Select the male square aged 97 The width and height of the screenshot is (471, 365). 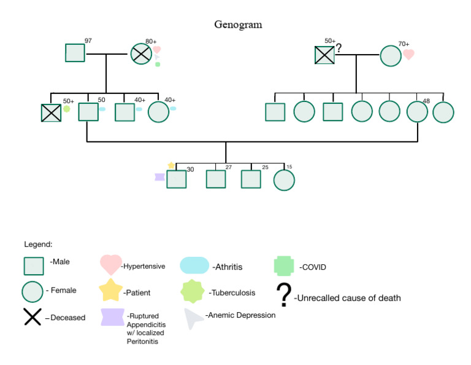pyautogui.click(x=75, y=52)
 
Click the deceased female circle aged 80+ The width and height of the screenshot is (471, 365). pyautogui.click(x=141, y=54)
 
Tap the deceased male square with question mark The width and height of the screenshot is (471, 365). pyautogui.click(x=324, y=56)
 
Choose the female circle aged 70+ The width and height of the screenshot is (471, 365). pyautogui.click(x=391, y=56)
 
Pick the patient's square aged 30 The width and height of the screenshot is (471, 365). pyautogui.click(x=177, y=179)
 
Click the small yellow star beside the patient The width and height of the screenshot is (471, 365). pyautogui.click(x=171, y=165)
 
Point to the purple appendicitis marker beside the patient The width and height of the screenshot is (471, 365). pyautogui.click(x=159, y=177)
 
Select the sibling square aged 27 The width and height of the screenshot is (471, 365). pyautogui.click(x=215, y=179)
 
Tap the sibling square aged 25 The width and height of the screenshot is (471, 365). pyautogui.click(x=251, y=179)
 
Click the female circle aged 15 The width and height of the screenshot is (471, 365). pyautogui.click(x=284, y=179)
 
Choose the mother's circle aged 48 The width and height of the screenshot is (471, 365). pyautogui.click(x=417, y=112)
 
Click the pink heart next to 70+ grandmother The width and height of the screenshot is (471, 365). pyautogui.click(x=408, y=55)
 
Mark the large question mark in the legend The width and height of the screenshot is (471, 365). pyautogui.click(x=283, y=296)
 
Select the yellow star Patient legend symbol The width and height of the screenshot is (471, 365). pyautogui.click(x=112, y=290)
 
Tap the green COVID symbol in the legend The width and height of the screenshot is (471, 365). pyautogui.click(x=285, y=265)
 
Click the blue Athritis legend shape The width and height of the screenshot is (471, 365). pyautogui.click(x=195, y=265)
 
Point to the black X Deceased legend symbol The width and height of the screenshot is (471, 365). pyautogui.click(x=33, y=316)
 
